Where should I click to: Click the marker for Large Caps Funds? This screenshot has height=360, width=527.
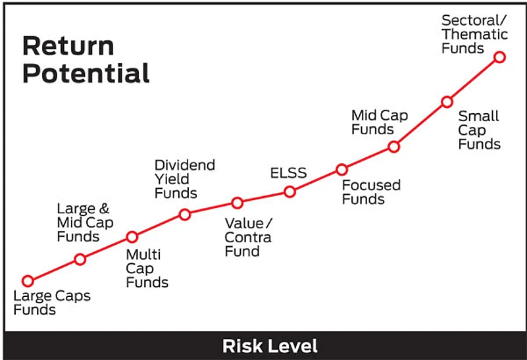click(x=28, y=280)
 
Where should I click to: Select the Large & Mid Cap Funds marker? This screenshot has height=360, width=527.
click(x=80, y=259)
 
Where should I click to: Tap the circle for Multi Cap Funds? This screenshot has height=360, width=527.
click(x=132, y=237)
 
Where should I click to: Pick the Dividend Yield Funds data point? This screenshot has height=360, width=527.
click(x=185, y=214)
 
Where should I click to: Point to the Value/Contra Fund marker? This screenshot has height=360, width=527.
click(x=238, y=203)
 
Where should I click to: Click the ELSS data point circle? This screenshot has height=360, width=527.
click(x=289, y=192)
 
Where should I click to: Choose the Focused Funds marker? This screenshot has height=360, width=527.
click(x=342, y=170)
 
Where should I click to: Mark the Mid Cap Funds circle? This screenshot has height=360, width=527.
click(x=394, y=147)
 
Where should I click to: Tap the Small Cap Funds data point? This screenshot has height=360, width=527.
click(x=447, y=101)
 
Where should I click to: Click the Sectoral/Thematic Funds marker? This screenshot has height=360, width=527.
click(x=500, y=57)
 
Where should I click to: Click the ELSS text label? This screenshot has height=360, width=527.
click(x=288, y=173)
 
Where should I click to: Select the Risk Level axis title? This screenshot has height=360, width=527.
click(x=270, y=346)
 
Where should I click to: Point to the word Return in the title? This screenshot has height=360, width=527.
click(x=68, y=46)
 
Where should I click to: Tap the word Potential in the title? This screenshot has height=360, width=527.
click(x=86, y=73)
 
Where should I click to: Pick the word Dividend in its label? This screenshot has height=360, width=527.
click(x=185, y=165)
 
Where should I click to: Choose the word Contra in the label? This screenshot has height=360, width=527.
click(x=248, y=238)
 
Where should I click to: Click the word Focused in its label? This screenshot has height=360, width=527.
click(x=371, y=185)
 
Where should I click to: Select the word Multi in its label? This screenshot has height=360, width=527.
click(x=143, y=255)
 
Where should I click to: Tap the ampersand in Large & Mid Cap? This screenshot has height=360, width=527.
click(x=104, y=209)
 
